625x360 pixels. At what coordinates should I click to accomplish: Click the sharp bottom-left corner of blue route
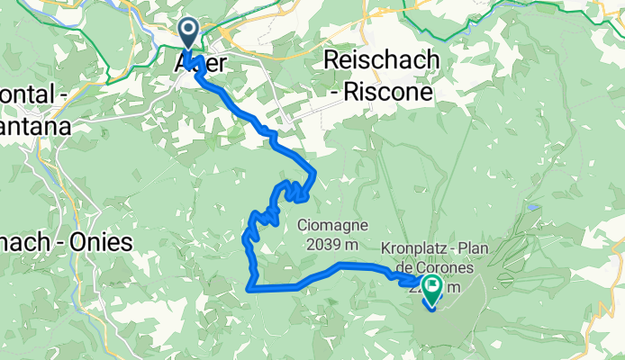coord(249,289)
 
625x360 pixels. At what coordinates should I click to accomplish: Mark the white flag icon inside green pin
coord(430,287)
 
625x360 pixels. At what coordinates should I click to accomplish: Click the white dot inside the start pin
coord(189,31)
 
